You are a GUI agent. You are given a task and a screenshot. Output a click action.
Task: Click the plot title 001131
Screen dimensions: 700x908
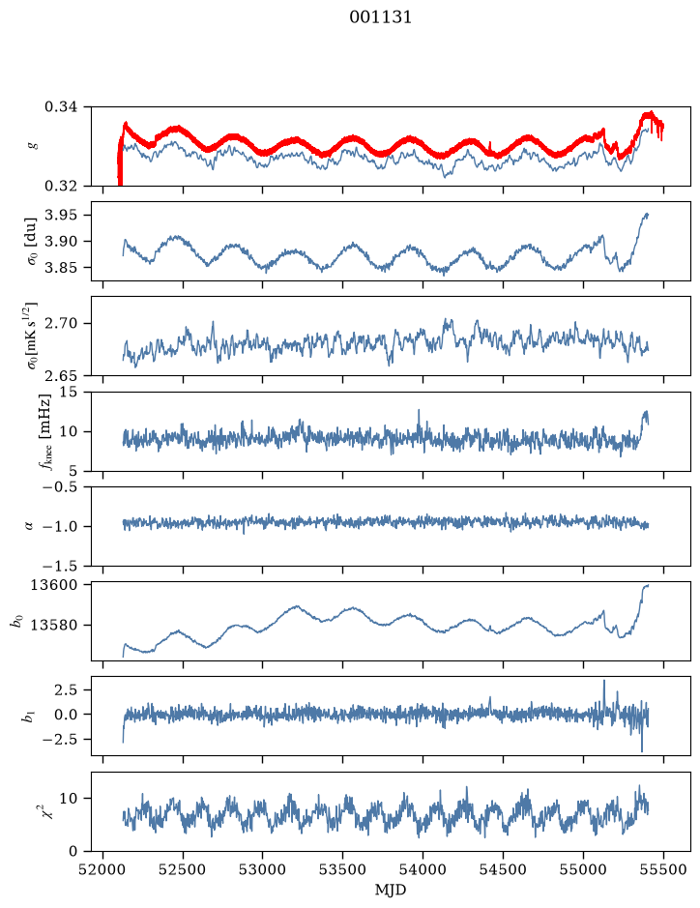380,17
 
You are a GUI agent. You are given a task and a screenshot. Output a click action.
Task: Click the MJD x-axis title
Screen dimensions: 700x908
391,890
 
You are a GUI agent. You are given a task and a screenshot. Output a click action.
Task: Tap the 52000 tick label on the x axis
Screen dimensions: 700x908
103,869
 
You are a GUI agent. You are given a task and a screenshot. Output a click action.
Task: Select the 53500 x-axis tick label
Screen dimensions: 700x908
343,869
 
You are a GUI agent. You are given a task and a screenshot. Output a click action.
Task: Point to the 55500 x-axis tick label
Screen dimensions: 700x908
663,869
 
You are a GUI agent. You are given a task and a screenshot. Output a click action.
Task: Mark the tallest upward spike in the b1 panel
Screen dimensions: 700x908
604,681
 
